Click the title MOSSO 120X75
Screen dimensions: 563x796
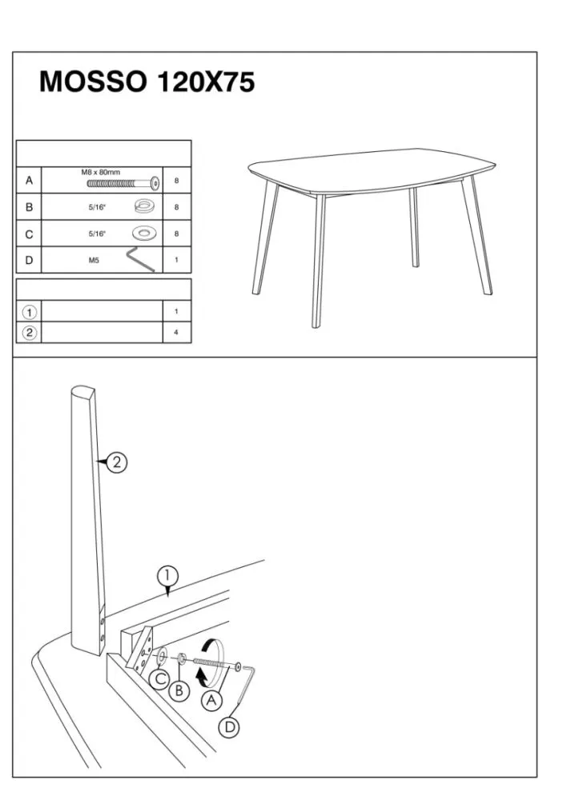pos(147,82)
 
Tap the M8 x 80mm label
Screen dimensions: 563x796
pos(101,172)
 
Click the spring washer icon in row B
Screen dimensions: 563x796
pos(145,206)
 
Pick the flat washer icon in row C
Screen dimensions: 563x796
pos(145,233)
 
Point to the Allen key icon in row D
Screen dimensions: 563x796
pos(140,259)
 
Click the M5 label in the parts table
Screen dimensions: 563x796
pos(94,261)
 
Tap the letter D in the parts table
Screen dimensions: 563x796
pos(29,260)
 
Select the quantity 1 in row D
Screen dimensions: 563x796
pos(176,260)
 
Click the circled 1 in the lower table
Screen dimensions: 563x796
pos(30,312)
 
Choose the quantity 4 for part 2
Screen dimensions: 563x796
pos(176,333)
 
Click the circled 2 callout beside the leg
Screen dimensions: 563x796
pos(117,462)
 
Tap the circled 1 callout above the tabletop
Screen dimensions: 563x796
pos(167,576)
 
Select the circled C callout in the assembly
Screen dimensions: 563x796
pos(160,678)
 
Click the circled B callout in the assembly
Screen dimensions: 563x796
pos(179,690)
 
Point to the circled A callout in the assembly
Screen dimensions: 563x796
pos(212,701)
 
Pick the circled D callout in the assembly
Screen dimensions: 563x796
pos(229,727)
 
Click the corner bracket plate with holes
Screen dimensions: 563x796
pos(140,650)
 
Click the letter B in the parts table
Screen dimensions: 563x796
pos(29,207)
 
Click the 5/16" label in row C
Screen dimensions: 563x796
pos(97,234)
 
